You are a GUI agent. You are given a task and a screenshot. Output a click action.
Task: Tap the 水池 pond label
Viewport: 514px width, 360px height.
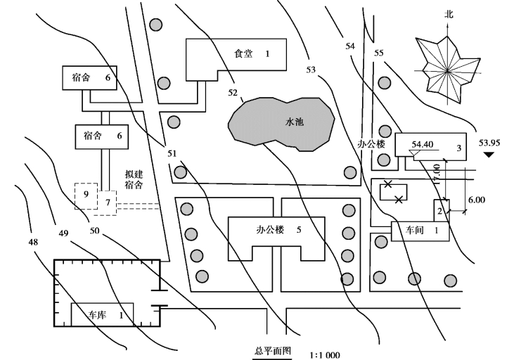click(x=294, y=122)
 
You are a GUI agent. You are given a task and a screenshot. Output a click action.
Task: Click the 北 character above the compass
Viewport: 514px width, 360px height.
click(x=449, y=14)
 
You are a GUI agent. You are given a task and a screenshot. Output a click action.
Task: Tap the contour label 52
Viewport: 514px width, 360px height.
click(x=233, y=92)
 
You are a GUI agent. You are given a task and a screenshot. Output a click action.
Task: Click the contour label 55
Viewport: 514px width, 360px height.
click(x=379, y=53)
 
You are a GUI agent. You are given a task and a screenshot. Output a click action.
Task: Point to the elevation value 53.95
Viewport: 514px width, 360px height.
click(x=489, y=143)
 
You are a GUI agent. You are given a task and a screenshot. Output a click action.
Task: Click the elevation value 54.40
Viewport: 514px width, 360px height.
click(x=421, y=144)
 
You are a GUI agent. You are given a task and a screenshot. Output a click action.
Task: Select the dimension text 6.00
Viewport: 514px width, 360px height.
click(x=476, y=200)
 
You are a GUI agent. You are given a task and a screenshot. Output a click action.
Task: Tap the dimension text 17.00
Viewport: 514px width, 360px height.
click(x=437, y=174)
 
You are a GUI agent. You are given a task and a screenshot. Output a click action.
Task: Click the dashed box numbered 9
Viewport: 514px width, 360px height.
click(x=85, y=195)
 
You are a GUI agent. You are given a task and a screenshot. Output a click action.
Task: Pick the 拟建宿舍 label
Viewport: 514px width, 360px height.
click(x=134, y=180)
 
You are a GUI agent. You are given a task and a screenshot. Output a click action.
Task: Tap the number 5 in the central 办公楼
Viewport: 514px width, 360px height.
click(x=299, y=229)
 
